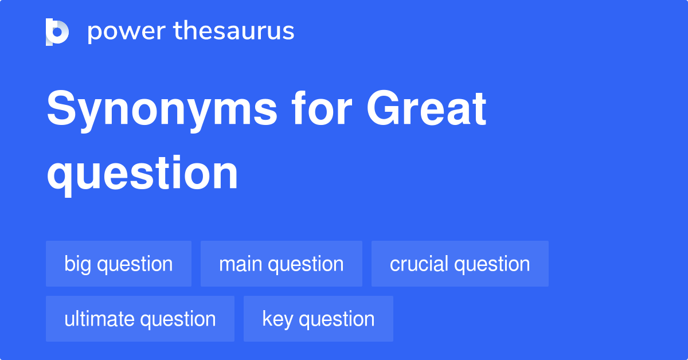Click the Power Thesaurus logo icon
[57, 32]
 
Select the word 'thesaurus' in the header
[234, 32]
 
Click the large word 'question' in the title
[142, 173]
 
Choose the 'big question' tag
[119, 264]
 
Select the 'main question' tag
[282, 264]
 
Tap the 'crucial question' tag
[460, 264]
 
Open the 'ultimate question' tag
[140, 319]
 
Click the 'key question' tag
[318, 319]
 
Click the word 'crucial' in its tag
[419, 264]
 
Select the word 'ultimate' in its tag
[98, 319]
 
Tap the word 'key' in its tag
[277, 319]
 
